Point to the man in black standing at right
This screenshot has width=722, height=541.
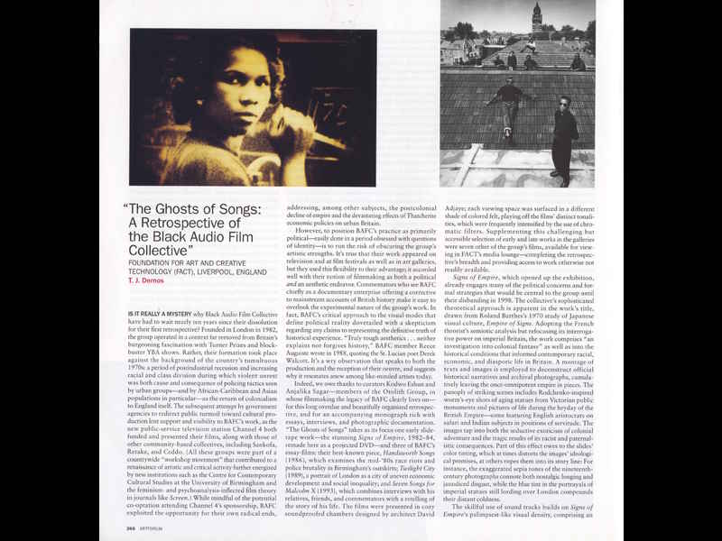tap(567, 135)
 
